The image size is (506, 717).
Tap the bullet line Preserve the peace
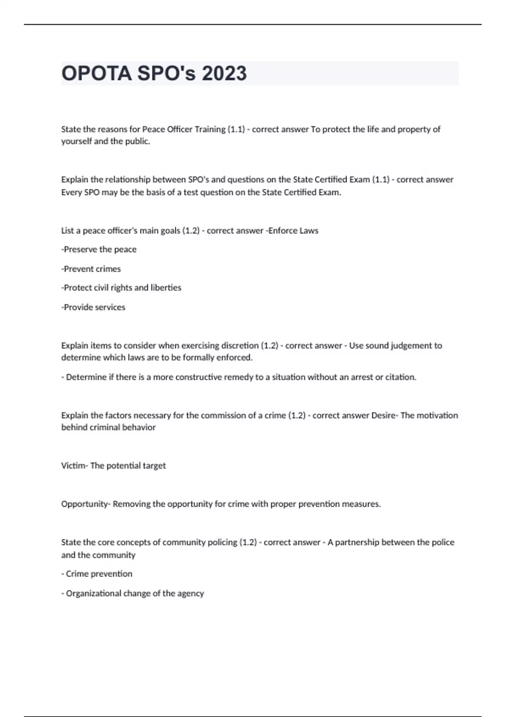point(99,249)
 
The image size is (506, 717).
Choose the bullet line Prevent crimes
point(92,269)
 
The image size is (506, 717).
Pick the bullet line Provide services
point(94,307)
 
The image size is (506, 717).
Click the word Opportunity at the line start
point(84,504)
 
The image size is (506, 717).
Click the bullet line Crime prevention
point(97,574)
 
